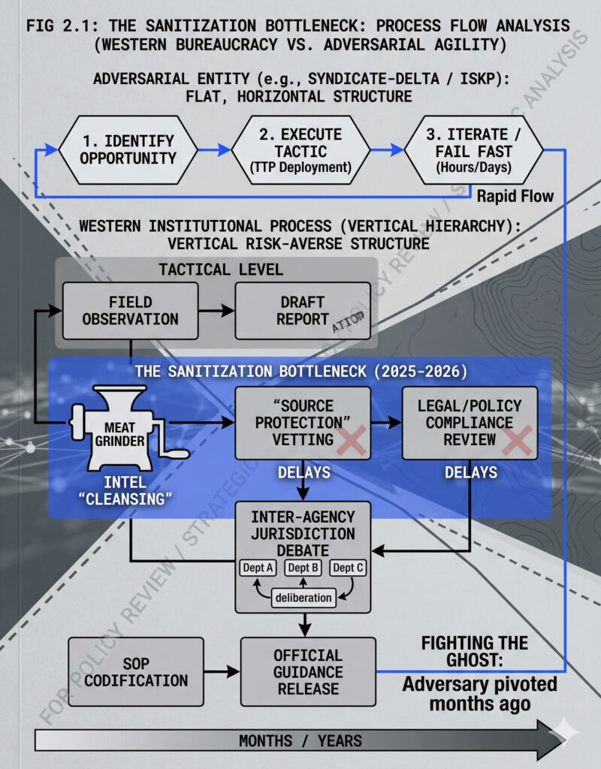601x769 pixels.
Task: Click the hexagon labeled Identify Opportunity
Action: tap(127, 149)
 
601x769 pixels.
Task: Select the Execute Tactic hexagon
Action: tap(300, 149)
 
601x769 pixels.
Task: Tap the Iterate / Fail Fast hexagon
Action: tap(473, 149)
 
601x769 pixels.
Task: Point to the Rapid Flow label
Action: tap(515, 197)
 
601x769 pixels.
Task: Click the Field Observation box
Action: tap(130, 310)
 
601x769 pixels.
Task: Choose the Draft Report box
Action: tap(302, 310)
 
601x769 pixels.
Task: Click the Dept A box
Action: tap(258, 568)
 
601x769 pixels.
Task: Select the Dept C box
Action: tap(348, 568)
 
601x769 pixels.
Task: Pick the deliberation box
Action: tap(303, 598)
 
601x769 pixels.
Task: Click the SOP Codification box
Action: tap(136, 671)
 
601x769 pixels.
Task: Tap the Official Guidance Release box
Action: tap(308, 671)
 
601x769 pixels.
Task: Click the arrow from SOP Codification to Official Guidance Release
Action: tap(222, 671)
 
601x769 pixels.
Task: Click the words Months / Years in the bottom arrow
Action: tap(300, 740)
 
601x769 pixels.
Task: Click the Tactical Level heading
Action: tap(221, 269)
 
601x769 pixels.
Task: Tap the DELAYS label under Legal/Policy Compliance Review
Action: tap(470, 472)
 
